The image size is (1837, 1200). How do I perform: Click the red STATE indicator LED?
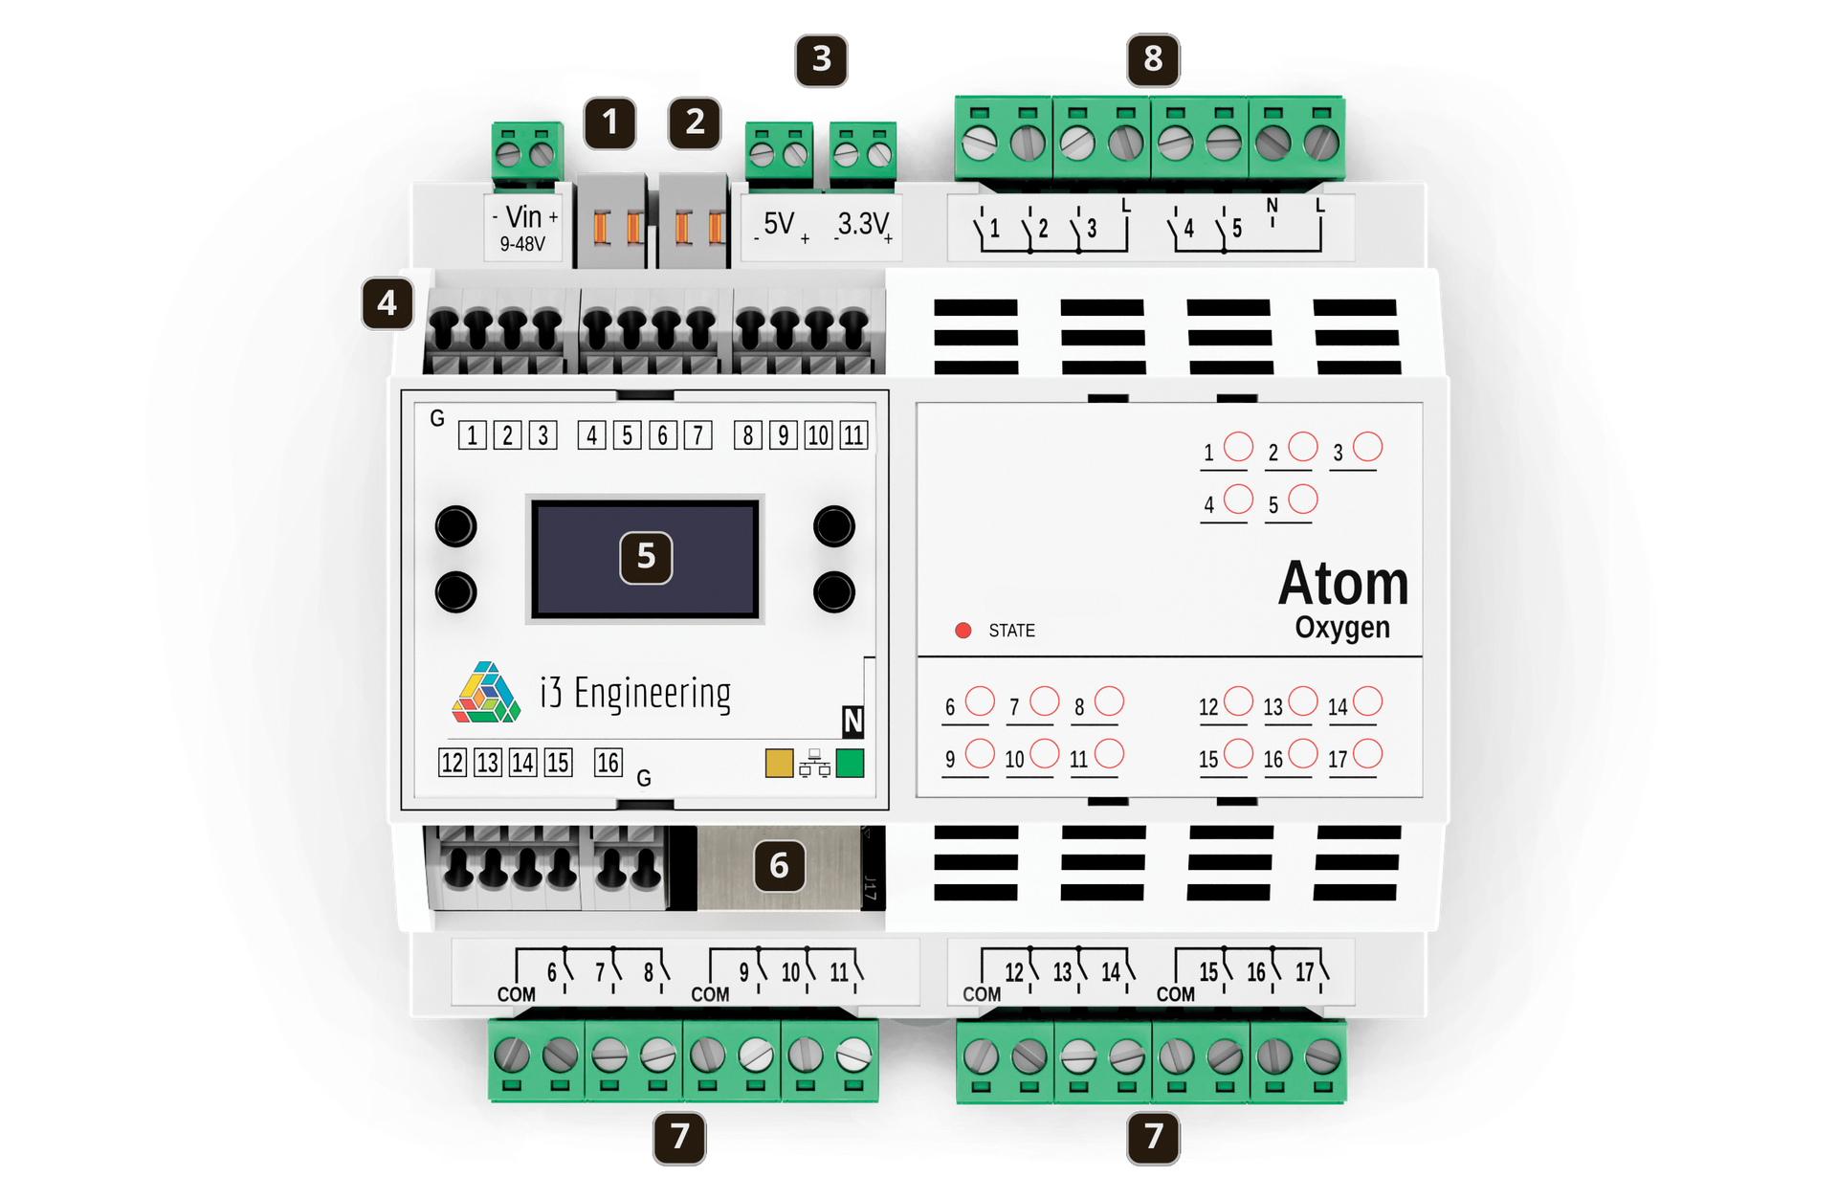click(x=963, y=630)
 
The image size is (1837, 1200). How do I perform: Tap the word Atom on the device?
click(x=1343, y=583)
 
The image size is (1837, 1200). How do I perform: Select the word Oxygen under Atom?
click(x=1342, y=629)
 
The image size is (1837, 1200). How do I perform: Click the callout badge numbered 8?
click(x=1153, y=59)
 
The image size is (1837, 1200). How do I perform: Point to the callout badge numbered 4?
click(x=387, y=303)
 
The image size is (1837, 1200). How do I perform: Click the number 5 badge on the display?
click(x=646, y=557)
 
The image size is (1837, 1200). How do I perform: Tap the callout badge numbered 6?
click(x=779, y=866)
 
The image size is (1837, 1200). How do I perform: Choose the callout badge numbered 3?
click(x=821, y=59)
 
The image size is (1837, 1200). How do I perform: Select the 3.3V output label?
click(x=864, y=226)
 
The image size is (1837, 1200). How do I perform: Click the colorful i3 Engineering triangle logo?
click(x=486, y=692)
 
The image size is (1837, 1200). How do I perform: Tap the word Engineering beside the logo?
click(x=653, y=693)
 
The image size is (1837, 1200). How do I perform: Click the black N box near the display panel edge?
click(x=852, y=721)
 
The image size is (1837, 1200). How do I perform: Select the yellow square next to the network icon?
click(x=779, y=763)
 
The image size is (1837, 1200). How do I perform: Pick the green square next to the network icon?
click(x=850, y=763)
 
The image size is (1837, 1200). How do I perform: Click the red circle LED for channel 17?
click(x=1367, y=753)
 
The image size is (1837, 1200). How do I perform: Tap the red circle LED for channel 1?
click(x=1238, y=447)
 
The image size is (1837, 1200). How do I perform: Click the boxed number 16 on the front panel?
click(x=608, y=763)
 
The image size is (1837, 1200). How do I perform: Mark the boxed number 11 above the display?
click(x=853, y=435)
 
